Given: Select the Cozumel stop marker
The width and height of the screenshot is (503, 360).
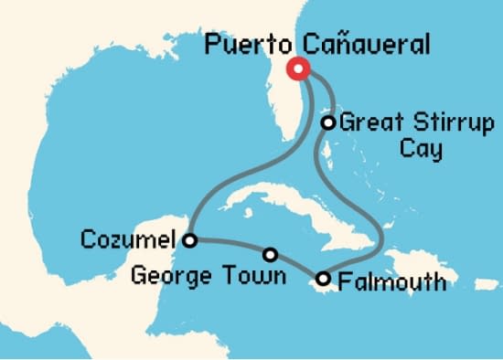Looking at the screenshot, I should [189, 241].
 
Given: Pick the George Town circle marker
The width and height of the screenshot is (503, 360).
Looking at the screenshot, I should [271, 255].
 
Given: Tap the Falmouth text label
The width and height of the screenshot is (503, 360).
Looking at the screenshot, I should [392, 281].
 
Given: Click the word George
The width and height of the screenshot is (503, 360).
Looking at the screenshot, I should [168, 274].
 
